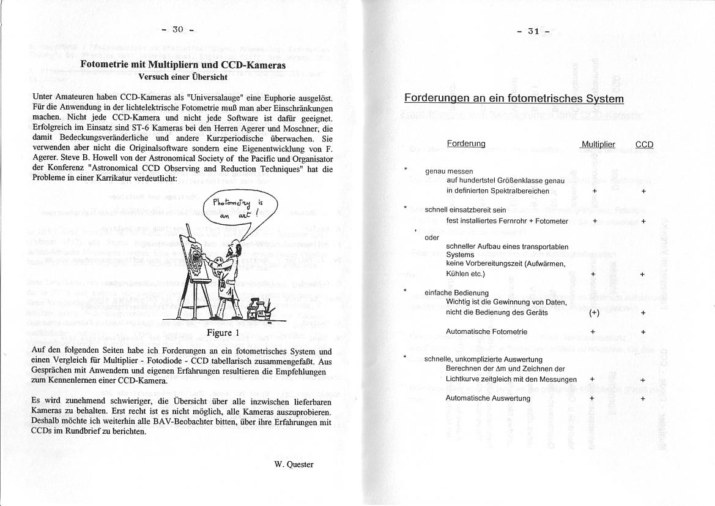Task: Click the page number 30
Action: (x=177, y=29)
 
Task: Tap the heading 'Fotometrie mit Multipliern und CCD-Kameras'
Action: (x=183, y=64)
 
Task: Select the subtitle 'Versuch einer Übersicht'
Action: (x=183, y=77)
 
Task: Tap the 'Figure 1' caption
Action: (x=223, y=333)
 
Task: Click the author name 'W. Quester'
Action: (x=294, y=464)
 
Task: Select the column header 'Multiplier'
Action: (x=598, y=145)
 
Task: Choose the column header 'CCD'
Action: (x=644, y=145)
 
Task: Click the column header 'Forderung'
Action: (x=466, y=143)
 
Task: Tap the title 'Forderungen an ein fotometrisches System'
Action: (x=514, y=99)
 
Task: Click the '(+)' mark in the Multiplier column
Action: (x=594, y=312)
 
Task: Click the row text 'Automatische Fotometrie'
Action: (x=487, y=331)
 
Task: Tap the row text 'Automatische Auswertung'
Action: (x=488, y=398)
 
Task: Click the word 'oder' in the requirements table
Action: (x=432, y=237)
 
